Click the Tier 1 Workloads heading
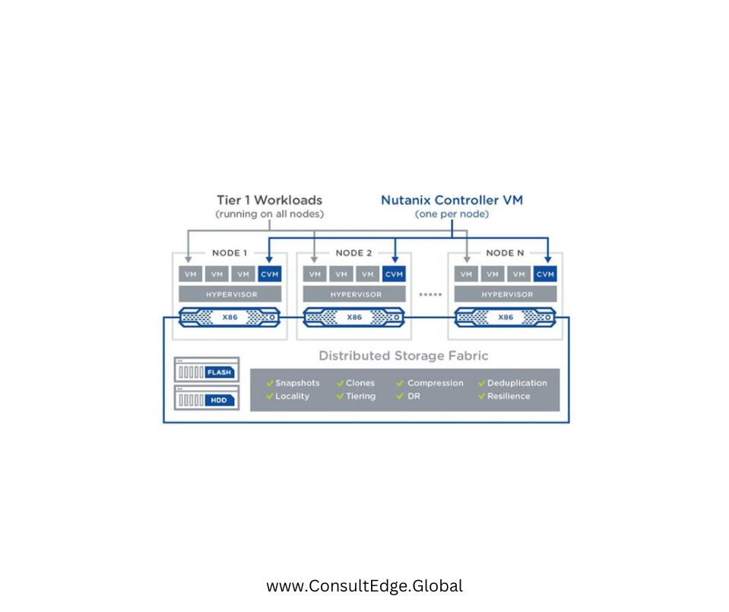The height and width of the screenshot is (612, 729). [269, 201]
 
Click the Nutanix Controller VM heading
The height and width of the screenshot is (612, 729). [452, 201]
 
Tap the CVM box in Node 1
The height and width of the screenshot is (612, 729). [269, 274]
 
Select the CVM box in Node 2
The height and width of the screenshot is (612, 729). [394, 274]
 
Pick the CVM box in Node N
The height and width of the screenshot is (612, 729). [544, 274]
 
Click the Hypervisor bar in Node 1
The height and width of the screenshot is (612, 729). [230, 294]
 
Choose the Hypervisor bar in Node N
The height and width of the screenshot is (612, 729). [506, 294]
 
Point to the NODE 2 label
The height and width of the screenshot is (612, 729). [353, 253]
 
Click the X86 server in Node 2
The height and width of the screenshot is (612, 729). [353, 316]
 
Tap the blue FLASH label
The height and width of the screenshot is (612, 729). [220, 373]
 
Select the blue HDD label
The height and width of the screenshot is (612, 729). [220, 400]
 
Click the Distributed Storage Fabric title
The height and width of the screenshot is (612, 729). [403, 356]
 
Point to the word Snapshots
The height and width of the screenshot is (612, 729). [297, 383]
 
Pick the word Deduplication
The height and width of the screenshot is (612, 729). [517, 383]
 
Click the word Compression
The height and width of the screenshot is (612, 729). [435, 383]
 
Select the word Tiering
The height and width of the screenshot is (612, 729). [360, 396]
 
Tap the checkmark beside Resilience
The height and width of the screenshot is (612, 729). [482, 396]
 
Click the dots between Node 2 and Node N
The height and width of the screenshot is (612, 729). [430, 294]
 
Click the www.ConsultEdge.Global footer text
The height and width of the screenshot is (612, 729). [364, 586]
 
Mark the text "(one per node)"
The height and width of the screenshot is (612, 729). [451, 215]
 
